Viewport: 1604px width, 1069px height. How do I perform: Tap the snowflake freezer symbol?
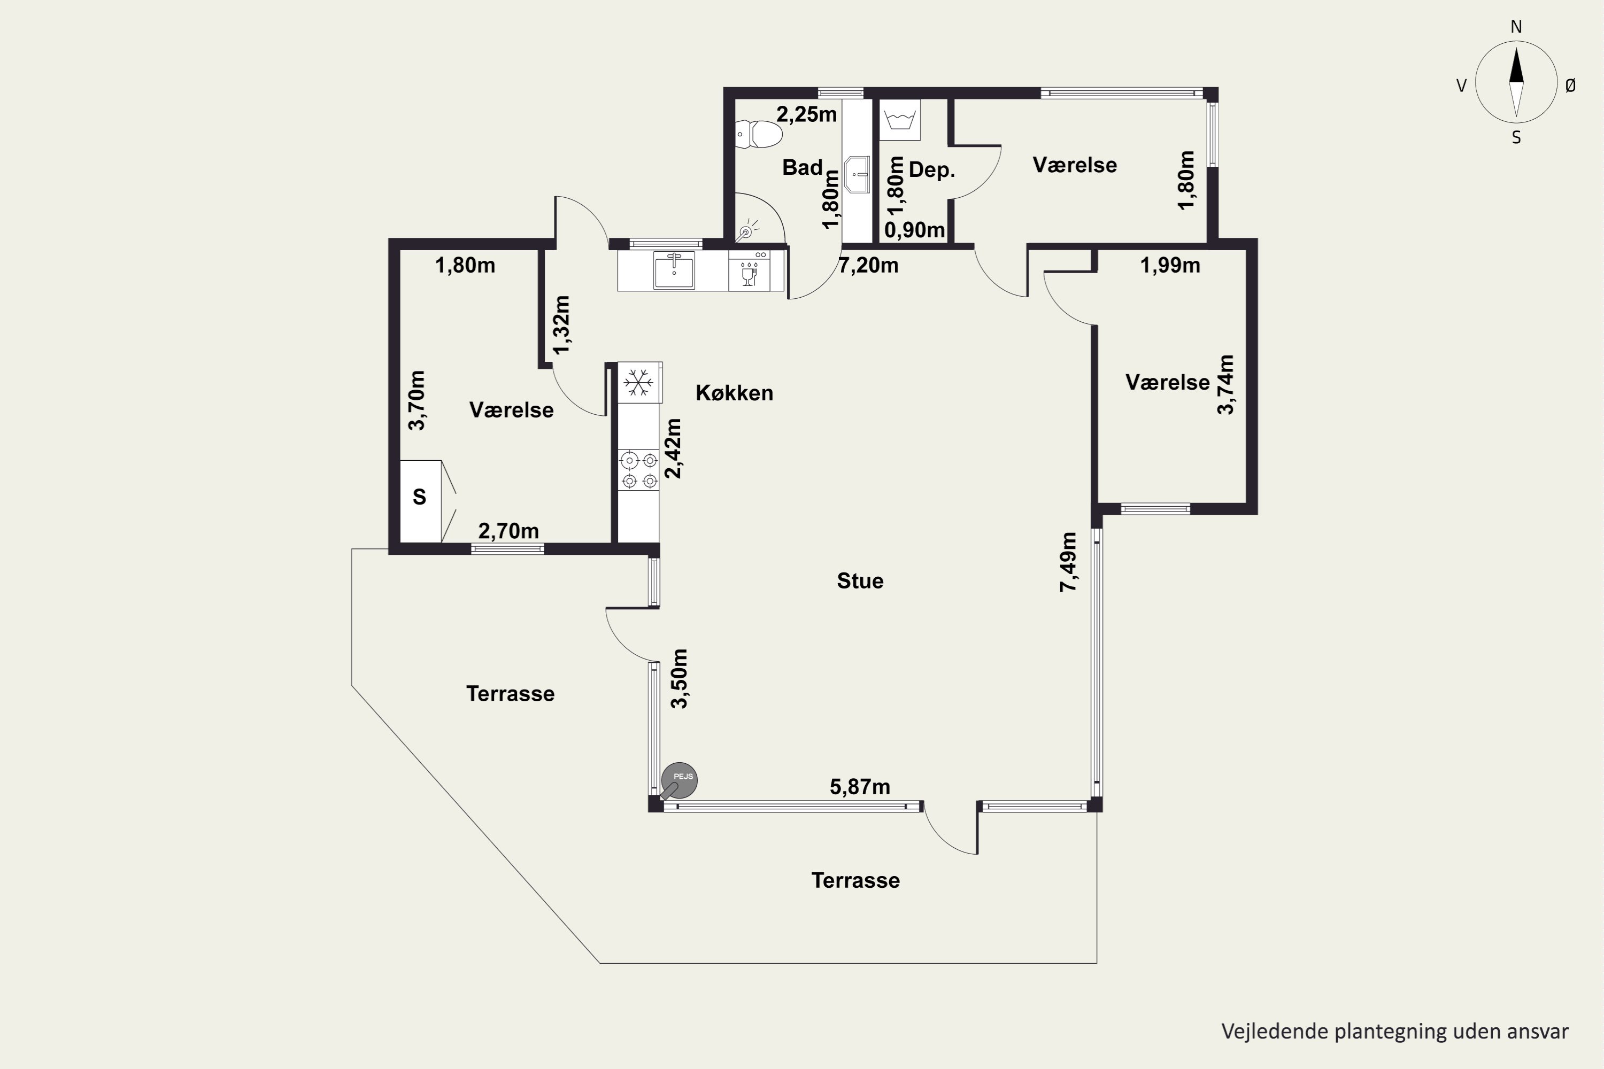click(639, 383)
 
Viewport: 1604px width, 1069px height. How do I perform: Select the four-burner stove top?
click(639, 470)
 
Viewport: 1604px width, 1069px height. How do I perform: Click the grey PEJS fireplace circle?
click(679, 780)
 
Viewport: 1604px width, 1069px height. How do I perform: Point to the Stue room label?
click(860, 581)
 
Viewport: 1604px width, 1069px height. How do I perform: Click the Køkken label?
click(735, 393)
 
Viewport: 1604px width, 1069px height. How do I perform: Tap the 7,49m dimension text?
click(1069, 562)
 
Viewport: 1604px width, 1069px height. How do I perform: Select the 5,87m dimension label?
click(860, 787)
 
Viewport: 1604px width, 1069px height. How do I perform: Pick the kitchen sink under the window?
click(674, 270)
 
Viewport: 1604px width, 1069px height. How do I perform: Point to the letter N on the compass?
click(1516, 27)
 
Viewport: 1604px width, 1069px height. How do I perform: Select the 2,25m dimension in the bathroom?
click(807, 114)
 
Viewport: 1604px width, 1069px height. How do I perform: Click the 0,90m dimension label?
click(914, 230)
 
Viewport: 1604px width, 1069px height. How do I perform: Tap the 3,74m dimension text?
click(1225, 384)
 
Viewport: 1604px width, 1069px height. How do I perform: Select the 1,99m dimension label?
click(1170, 265)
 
